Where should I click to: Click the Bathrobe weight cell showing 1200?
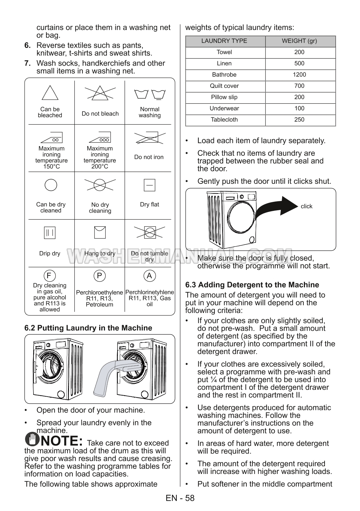tap(299, 75)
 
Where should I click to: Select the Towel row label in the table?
tap(224, 52)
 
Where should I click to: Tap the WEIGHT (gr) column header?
tap(299, 41)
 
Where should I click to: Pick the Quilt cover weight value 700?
tap(299, 86)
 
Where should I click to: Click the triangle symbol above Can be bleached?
tap(50, 93)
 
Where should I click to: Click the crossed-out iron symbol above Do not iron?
tap(150, 138)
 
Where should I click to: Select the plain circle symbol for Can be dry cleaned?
tap(51, 185)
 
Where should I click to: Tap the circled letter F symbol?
tap(49, 276)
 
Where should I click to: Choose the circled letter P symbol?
tap(99, 276)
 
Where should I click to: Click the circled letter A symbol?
tap(149, 276)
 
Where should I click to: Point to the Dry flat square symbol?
tap(149, 185)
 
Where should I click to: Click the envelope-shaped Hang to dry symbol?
tap(100, 232)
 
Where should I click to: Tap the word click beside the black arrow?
tap(306, 206)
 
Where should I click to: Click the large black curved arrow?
tap(277, 208)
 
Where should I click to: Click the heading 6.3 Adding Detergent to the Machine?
tap(252, 285)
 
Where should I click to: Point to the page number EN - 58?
tap(180, 498)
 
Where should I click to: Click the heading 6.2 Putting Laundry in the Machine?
tap(88, 328)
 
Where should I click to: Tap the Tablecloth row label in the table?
tap(224, 120)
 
